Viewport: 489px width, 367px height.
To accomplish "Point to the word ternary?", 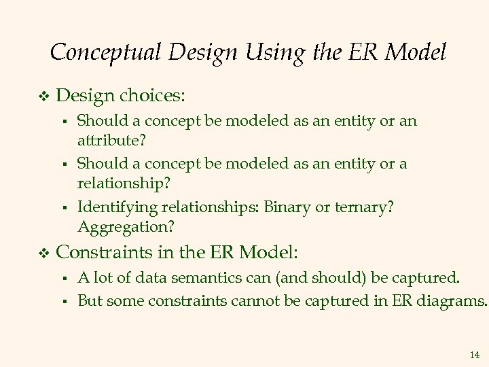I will (363, 207).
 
